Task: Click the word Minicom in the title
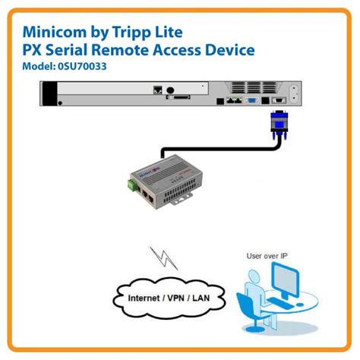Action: (54, 32)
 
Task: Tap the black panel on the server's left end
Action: (50, 95)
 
